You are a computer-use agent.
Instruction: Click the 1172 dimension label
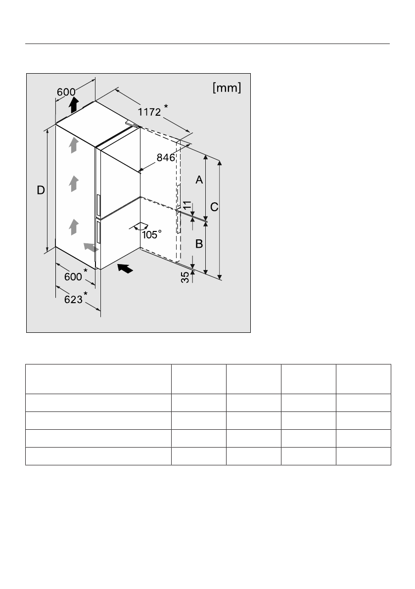coord(149,112)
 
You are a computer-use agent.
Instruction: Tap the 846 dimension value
coord(166,158)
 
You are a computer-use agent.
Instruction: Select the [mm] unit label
coord(227,88)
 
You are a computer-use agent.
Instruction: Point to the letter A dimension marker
coord(199,180)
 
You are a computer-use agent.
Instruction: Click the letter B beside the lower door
coord(199,243)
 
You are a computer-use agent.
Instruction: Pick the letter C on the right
coord(214,208)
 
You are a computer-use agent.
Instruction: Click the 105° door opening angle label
coord(151,235)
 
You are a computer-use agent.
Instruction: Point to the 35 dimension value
coord(185,277)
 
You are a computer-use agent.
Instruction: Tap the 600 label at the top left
coord(66,92)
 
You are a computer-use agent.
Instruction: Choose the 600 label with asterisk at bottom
coord(73,276)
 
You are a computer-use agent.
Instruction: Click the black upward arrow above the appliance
coord(73,104)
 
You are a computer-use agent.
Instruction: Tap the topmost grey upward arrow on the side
coord(73,145)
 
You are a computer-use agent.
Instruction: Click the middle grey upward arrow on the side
coord(73,183)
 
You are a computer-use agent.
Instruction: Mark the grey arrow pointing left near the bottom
coord(90,247)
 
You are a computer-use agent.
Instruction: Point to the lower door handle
coord(98,232)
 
